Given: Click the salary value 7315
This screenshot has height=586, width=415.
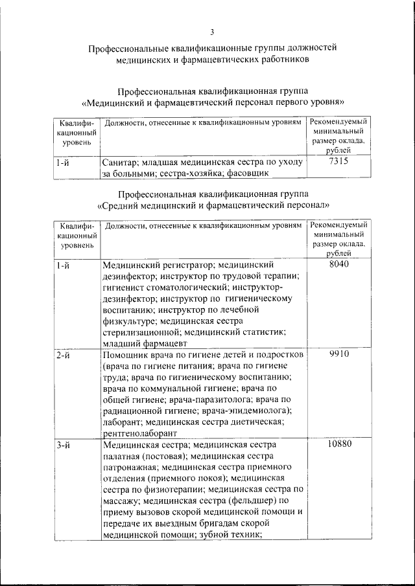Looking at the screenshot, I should [x=338, y=162].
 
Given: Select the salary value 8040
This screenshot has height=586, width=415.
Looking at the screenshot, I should [x=338, y=265].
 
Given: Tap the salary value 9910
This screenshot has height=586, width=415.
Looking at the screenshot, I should [x=338, y=355].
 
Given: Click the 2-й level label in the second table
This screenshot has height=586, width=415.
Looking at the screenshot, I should [x=63, y=355].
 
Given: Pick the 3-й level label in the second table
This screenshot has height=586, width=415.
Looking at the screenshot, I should [x=63, y=445].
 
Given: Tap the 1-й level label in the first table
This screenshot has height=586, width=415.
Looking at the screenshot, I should [x=63, y=163].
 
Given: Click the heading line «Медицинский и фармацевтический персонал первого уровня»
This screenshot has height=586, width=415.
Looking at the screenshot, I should [x=212, y=102].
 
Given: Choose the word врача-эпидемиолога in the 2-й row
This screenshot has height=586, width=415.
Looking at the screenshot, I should [x=251, y=411].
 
